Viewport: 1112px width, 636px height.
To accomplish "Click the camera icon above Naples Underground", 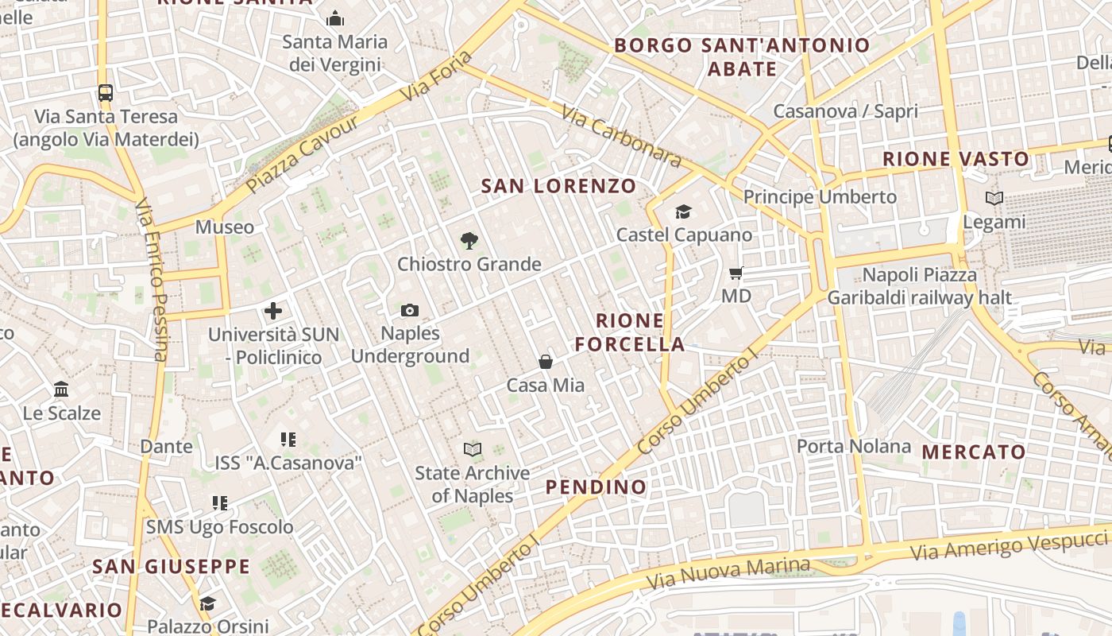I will [410, 310].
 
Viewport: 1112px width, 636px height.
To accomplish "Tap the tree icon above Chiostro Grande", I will [469, 240].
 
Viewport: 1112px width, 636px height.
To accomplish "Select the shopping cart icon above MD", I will [736, 273].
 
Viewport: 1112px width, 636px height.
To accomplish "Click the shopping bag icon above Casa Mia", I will [546, 362].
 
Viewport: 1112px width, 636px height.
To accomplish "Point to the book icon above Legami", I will [994, 198].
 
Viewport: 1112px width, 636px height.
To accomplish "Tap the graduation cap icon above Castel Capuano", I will [683, 211].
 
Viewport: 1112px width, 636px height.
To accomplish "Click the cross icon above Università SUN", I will [273, 311].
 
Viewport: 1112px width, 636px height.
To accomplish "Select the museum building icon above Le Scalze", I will [61, 390].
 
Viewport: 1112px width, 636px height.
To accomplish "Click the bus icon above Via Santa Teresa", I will [106, 92].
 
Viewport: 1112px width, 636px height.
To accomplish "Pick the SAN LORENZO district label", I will [559, 187].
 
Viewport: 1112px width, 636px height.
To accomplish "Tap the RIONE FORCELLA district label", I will [630, 332].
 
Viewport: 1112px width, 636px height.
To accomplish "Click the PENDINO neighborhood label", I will [596, 487].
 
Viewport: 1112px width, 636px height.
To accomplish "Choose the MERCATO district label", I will [974, 452].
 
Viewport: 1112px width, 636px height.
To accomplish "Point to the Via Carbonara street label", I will [621, 137].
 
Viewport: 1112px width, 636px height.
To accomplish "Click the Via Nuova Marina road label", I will [728, 573].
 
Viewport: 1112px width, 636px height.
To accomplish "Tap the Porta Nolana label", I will [854, 446].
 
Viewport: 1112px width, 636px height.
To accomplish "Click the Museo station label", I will [225, 227].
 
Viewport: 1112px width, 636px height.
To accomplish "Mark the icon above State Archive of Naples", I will [473, 450].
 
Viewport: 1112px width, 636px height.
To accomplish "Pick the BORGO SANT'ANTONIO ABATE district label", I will [742, 56].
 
